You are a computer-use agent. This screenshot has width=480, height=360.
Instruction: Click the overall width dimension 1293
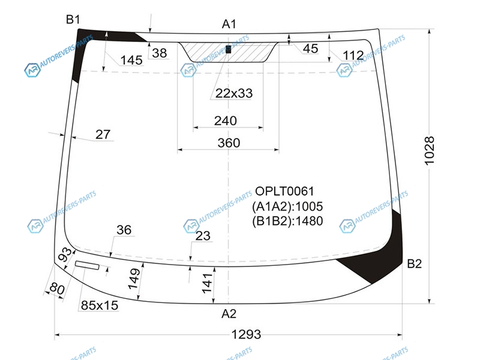click(x=246, y=334)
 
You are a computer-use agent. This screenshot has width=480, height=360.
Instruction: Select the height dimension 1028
click(x=430, y=151)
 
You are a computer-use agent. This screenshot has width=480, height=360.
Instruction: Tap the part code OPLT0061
click(x=284, y=191)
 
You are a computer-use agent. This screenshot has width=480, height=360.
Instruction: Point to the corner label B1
click(x=73, y=20)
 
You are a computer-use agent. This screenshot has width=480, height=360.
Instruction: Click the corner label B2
click(x=414, y=263)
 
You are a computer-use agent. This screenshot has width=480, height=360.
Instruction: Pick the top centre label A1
click(x=229, y=24)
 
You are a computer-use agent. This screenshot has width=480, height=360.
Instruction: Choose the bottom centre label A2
click(x=229, y=314)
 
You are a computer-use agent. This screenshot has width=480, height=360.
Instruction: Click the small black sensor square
click(x=229, y=49)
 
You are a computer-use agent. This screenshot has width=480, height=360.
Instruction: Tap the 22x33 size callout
click(x=234, y=94)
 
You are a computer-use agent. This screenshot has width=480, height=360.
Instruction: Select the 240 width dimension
click(x=226, y=121)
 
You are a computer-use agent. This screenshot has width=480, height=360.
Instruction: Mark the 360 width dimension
click(x=229, y=143)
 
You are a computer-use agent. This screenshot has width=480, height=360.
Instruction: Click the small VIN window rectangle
click(x=87, y=265)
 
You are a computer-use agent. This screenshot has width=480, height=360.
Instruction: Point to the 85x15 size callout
click(x=100, y=305)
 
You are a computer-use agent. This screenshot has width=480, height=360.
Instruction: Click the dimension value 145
click(x=131, y=61)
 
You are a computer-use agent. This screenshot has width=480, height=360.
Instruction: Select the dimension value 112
click(x=353, y=55)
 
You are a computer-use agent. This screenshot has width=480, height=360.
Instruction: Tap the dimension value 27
click(x=103, y=134)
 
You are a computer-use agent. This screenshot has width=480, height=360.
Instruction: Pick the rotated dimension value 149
click(x=134, y=279)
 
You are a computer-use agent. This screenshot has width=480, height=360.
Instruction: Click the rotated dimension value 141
click(x=207, y=283)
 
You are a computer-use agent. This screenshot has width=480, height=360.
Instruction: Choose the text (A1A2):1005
click(x=287, y=206)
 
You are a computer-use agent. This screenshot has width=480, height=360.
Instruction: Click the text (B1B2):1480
click(x=287, y=221)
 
